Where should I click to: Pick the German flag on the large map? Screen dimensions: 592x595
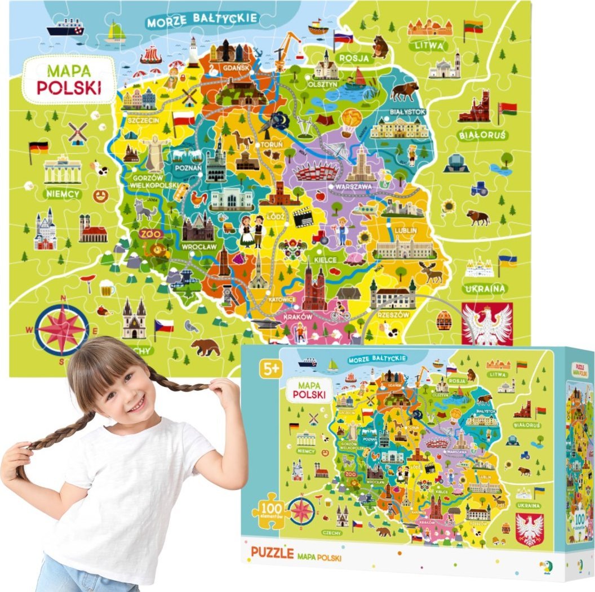pos(38,148)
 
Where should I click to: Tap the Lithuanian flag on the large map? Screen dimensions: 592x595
pos(472,25)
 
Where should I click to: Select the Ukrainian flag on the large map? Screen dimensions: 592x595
pos(507,261)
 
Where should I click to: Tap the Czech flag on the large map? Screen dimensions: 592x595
pos(164,326)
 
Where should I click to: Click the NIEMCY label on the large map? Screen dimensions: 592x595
pos(63,193)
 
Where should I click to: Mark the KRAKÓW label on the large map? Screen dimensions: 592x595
pos(298,317)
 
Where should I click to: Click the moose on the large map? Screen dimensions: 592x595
pos(431,273)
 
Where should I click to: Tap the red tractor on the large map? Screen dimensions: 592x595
pos(321,237)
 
